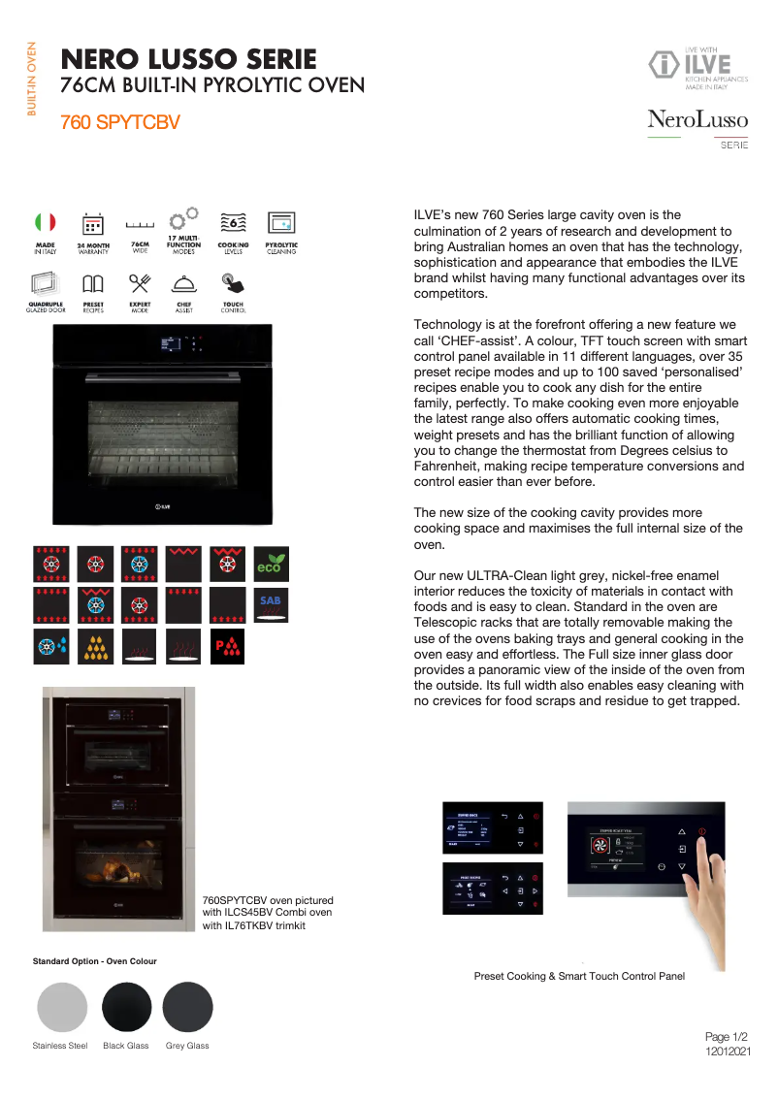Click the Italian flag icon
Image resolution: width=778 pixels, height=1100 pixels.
point(46,223)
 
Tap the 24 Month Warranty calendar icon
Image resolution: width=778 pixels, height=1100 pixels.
point(93,224)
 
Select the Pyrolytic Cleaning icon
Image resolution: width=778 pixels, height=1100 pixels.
point(281,223)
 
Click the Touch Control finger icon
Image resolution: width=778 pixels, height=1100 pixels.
point(233,283)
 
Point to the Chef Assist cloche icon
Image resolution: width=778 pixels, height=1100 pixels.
point(184,283)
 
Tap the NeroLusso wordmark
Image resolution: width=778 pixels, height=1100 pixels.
point(697,120)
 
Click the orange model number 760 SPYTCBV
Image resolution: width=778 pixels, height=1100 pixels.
point(119,123)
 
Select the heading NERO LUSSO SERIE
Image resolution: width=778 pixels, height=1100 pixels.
point(188,59)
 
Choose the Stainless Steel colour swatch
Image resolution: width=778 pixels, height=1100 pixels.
point(62,1007)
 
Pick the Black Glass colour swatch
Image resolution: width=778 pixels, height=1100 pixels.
point(127,1007)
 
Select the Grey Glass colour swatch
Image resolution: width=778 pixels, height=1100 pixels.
point(187,1007)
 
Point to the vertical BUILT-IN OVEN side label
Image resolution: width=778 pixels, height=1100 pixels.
point(32,79)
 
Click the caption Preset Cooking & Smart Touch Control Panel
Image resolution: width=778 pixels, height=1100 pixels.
point(579,976)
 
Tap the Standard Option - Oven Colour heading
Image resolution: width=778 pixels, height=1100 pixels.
point(95,961)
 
